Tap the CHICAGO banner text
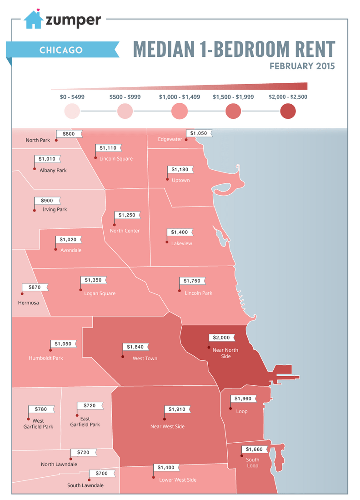tap(61, 50)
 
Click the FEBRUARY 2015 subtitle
tap(302, 66)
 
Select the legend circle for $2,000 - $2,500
tap(288, 111)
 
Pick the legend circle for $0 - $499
tap(72, 111)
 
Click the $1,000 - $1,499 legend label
tap(180, 97)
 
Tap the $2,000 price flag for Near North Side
tap(223, 338)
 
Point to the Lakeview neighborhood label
tap(181, 243)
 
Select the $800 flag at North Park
tap(69, 134)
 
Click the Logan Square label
tap(100, 293)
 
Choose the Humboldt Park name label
tap(45, 358)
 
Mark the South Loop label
tap(252, 463)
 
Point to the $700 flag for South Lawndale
tap(102, 474)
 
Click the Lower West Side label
tap(178, 480)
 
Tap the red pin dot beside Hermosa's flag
tap(22, 294)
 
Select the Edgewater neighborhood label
tap(170, 139)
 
